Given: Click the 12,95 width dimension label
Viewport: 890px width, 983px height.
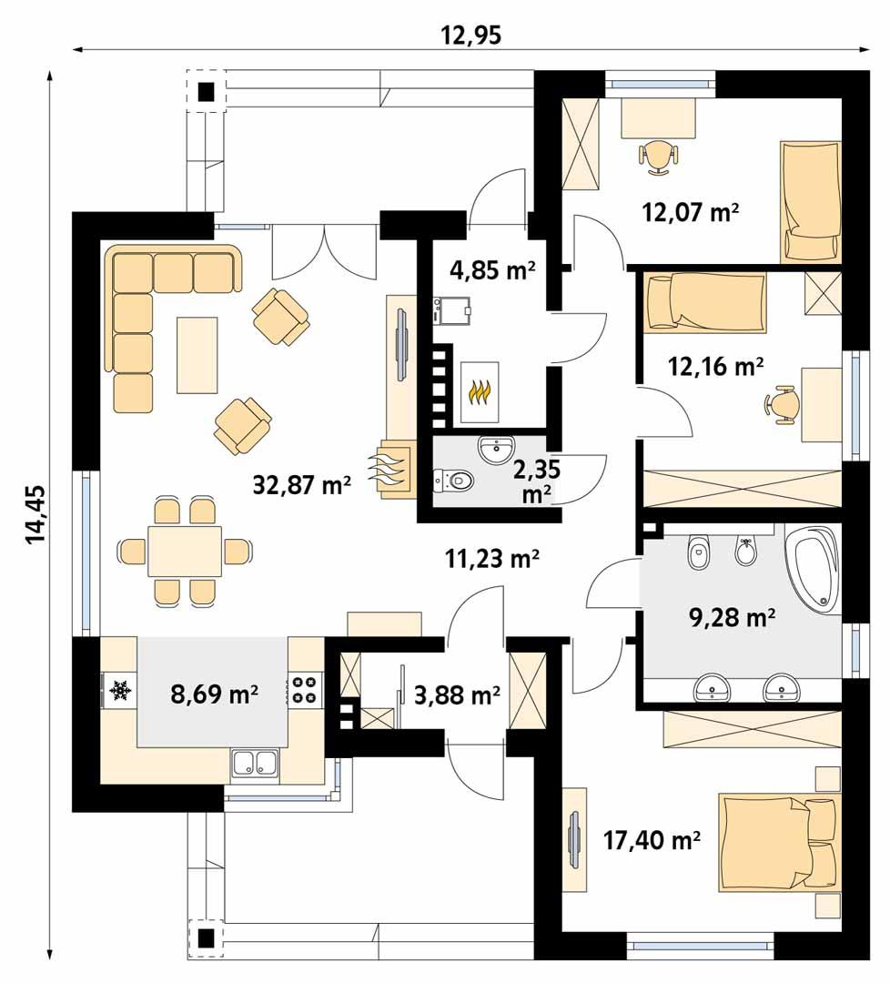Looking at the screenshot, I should coord(471,35).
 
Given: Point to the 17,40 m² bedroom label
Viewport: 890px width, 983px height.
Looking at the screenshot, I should coord(652,838).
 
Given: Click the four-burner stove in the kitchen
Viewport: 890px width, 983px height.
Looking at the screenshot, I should coord(305,688).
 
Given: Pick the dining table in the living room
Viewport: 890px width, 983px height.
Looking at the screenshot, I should coord(186,551).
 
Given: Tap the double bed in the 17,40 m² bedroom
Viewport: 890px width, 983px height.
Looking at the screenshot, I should coord(778,843).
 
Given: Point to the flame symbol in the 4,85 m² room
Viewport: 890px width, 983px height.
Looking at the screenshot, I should coord(480,392).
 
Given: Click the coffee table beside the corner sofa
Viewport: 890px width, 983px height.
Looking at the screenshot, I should coord(197,355).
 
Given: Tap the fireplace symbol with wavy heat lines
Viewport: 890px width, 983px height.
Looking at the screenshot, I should coord(389,467).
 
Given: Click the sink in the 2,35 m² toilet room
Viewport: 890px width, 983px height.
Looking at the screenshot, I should coord(496,449).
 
